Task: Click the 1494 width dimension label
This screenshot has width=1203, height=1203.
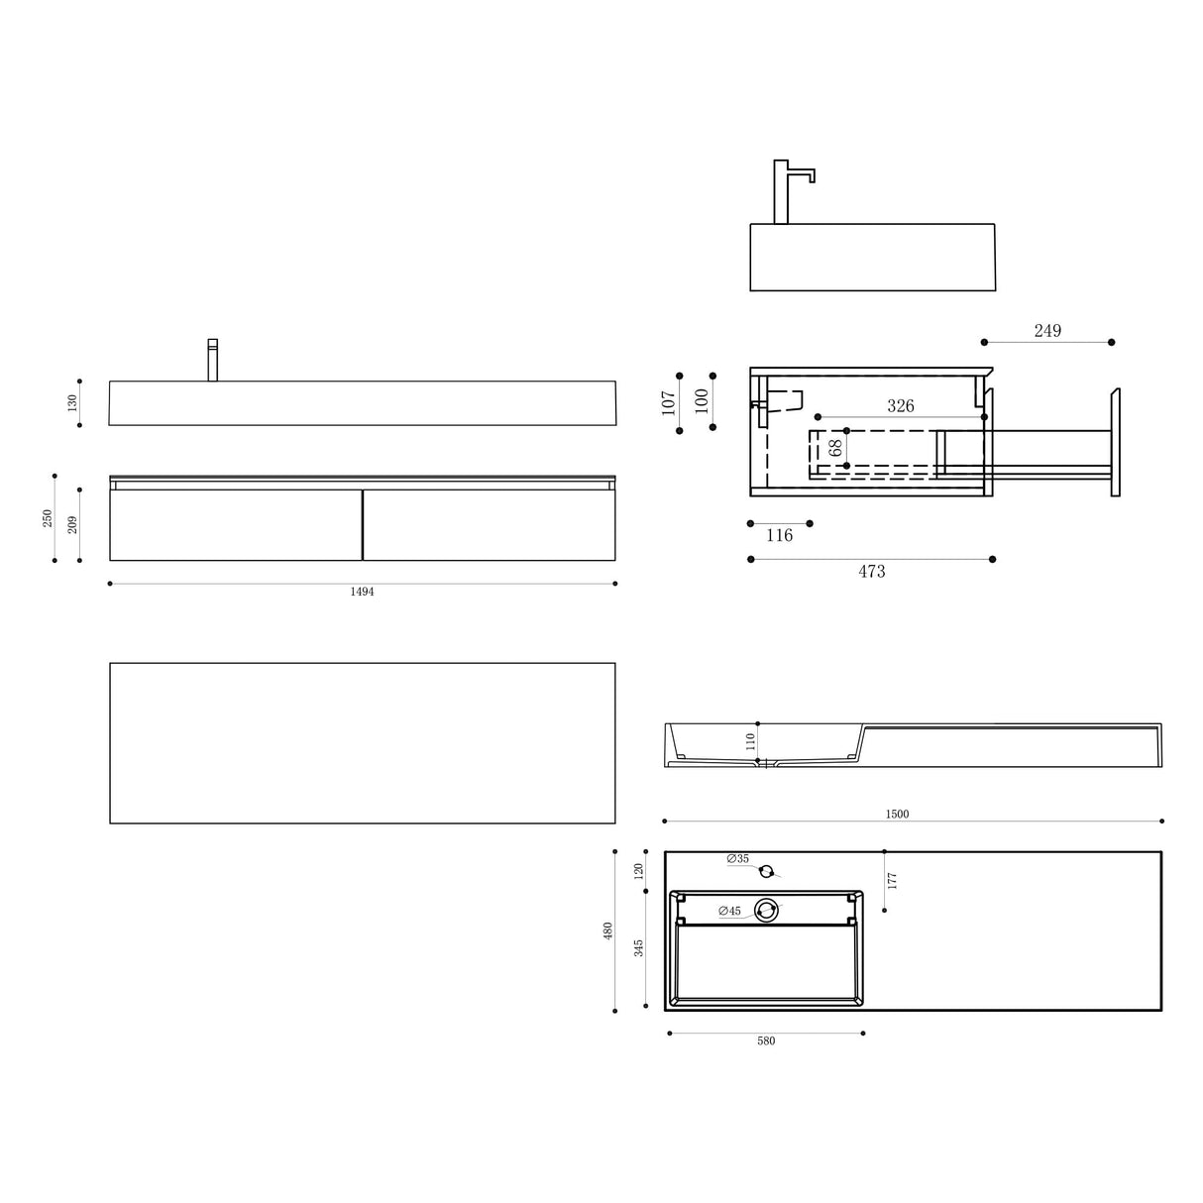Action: point(362,592)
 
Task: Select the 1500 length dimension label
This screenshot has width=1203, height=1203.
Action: point(897,815)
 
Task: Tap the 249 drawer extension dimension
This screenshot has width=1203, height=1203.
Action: point(1047,331)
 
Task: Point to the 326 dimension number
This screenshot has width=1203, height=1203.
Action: point(900,406)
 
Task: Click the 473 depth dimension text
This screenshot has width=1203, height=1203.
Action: point(871,571)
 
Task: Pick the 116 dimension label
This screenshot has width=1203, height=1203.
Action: point(779,536)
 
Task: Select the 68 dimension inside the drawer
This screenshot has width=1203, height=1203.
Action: point(835,447)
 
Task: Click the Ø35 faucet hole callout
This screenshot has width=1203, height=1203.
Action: point(738,859)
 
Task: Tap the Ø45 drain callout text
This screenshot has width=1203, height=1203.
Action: point(729,912)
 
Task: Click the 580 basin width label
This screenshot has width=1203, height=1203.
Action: point(766,1040)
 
